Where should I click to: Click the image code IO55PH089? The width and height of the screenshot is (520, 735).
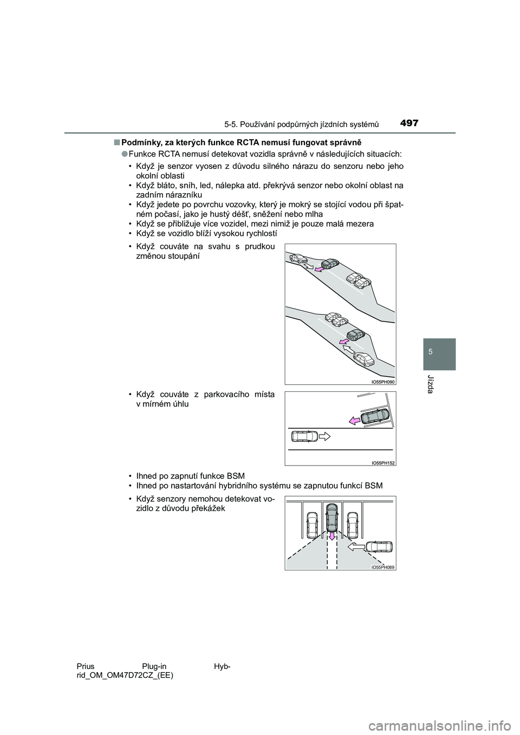click(x=383, y=567)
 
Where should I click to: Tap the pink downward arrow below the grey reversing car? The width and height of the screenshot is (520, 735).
click(x=331, y=536)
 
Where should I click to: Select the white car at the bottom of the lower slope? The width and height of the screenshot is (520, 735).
click(x=364, y=359)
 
